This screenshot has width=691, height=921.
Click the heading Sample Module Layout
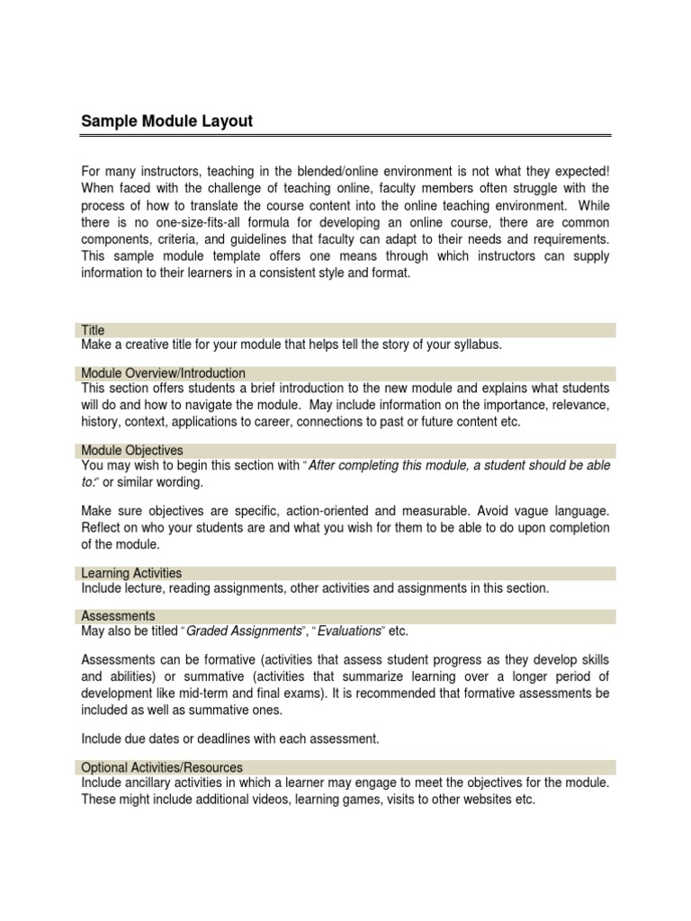(167, 121)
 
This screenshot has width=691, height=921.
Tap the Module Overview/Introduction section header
(163, 372)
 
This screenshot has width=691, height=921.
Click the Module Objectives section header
(132, 449)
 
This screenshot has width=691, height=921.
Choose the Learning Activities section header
(131, 572)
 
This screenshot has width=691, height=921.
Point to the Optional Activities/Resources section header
(162, 767)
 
